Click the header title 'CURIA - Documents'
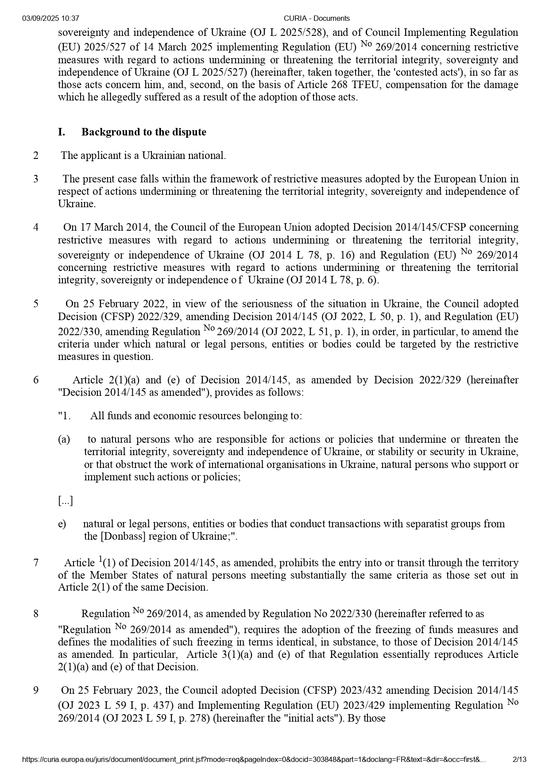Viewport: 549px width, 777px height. click(316, 18)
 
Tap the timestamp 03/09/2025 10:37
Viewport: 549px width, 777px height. click(50, 18)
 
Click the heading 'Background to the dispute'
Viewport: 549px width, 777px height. click(143, 132)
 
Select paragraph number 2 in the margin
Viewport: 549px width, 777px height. click(36, 155)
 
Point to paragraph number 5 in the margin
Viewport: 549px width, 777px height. click(36, 304)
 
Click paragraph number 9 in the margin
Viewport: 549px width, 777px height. click(36, 690)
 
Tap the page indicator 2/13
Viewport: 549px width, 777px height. click(519, 759)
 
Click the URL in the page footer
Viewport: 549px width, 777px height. click(254, 759)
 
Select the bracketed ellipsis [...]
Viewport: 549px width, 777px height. click(65, 501)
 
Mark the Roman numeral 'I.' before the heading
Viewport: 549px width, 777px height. click(62, 132)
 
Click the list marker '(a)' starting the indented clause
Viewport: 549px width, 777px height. click(64, 439)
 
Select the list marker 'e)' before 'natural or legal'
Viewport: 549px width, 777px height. click(62, 524)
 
